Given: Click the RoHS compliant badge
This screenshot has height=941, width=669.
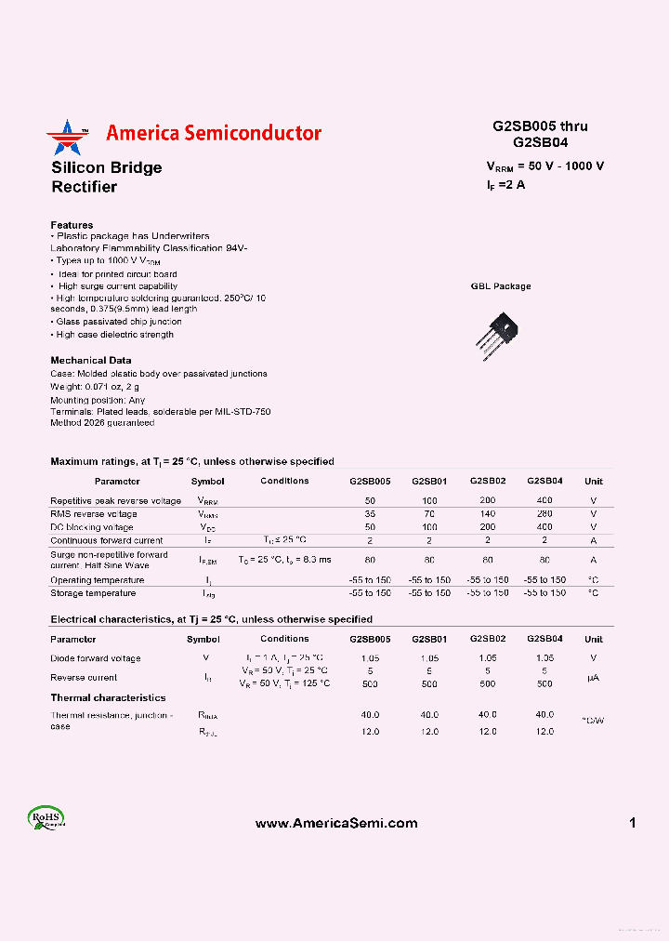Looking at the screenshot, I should coord(46,818).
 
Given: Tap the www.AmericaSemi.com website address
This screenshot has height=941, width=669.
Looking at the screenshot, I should coord(335,823).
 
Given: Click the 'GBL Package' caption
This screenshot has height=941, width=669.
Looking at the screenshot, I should coord(501,286).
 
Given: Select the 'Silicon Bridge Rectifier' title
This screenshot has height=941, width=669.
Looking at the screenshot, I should coord(106,177).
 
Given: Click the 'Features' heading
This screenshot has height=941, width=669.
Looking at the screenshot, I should coord(72,225).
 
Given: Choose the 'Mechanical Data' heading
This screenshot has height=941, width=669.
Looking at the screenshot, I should coord(91,360).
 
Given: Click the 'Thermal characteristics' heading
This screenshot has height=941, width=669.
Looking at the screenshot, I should coord(108,697).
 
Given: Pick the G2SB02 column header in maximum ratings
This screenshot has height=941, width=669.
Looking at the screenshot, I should coord(488,481).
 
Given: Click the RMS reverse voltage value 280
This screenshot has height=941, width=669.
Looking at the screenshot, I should coord(544,513).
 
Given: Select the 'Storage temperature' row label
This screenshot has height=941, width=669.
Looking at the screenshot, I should coord(93,593).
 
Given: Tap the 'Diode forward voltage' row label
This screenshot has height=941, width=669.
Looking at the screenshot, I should coord(96,658).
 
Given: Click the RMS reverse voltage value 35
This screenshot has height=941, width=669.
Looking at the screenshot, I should coord(370,513).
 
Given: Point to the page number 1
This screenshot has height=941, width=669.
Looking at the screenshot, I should coord(632,823).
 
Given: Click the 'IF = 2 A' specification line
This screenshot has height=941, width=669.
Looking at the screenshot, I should coord(506,185).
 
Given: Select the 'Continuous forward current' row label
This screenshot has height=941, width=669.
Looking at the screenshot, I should coord(107,540).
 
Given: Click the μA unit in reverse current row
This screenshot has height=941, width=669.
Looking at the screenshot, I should coord(593,677).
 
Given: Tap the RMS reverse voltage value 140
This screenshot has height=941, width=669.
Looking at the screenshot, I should coord(488,513).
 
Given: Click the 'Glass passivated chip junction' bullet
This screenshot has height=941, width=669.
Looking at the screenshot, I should coord(118,322).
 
